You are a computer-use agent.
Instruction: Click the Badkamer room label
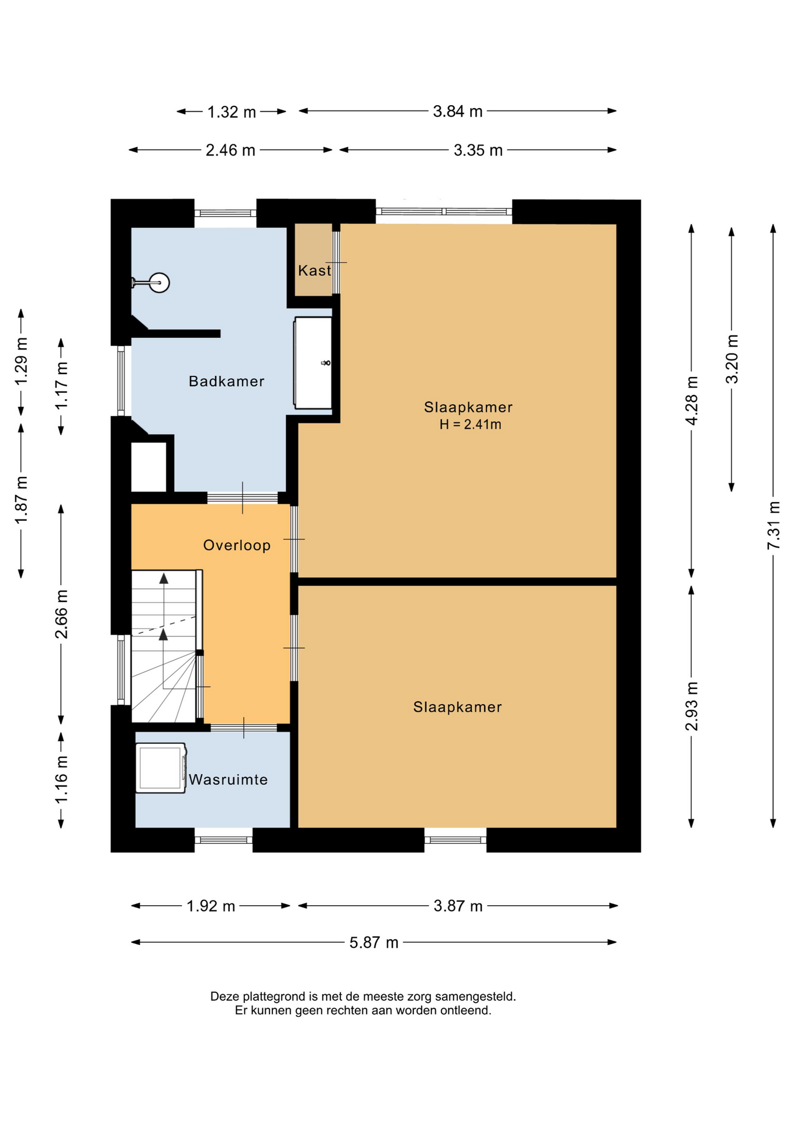226,382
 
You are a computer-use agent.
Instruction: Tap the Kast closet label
315,271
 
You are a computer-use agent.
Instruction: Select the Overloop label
237,546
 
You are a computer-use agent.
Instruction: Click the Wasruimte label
228,780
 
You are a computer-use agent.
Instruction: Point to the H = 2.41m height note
471,425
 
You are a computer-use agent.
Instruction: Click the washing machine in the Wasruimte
161,768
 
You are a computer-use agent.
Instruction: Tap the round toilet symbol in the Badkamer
159,283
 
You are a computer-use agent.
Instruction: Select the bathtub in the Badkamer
313,363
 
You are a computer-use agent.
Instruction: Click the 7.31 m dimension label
774,525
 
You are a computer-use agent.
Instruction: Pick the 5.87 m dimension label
374,943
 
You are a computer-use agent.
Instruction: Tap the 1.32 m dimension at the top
232,112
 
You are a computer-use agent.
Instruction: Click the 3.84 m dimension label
458,111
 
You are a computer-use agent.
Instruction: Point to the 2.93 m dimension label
692,706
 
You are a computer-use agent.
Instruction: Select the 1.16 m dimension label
61,779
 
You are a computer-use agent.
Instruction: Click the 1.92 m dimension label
210,906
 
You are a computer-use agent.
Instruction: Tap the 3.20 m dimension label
732,359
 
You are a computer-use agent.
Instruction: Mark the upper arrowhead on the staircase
164,579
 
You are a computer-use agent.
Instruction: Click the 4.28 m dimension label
692,401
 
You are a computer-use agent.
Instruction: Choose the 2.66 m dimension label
61,614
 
